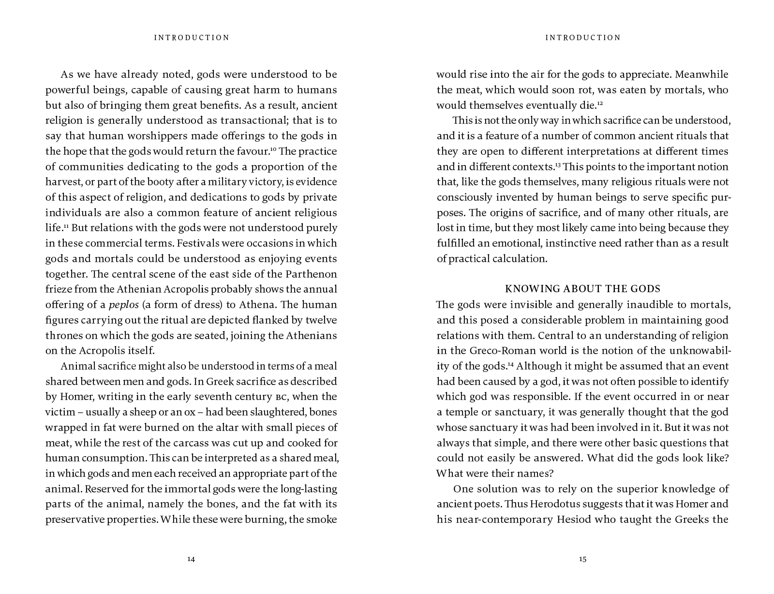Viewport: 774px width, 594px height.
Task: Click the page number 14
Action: (x=191, y=559)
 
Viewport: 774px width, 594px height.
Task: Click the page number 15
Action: (x=582, y=559)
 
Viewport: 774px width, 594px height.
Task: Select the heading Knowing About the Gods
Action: (x=582, y=289)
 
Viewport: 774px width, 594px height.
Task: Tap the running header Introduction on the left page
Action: (x=192, y=37)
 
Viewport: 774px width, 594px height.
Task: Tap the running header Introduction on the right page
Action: (x=583, y=37)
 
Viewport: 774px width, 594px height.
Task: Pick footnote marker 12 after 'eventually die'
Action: (x=600, y=103)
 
